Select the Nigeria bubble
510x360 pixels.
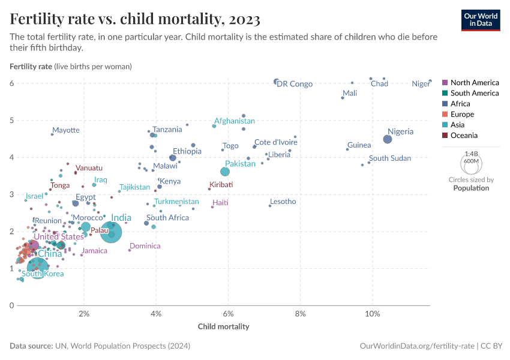pyautogui.click(x=388, y=139)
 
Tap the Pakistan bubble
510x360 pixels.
pyautogui.click(x=225, y=172)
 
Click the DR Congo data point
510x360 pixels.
pyautogui.click(x=276, y=82)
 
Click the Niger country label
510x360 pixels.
pyautogui.click(x=421, y=84)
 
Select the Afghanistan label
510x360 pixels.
pyautogui.click(x=235, y=121)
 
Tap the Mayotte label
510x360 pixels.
pyautogui.click(x=65, y=130)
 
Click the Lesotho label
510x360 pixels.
pyautogui.click(x=283, y=202)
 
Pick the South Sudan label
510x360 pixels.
pyautogui.click(x=390, y=158)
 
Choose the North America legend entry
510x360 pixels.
pyautogui.click(x=474, y=82)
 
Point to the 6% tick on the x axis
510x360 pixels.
pyautogui.click(x=228, y=314)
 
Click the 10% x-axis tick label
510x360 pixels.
pyautogui.click(x=372, y=314)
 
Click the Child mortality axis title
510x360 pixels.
pyautogui.click(x=223, y=327)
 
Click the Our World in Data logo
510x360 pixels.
pyautogui.click(x=481, y=19)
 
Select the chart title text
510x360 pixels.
pyautogui.click(x=135, y=20)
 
